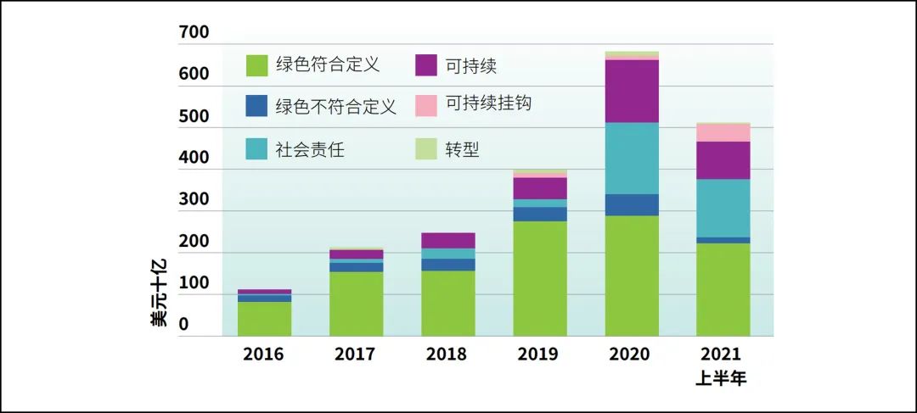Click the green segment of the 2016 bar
click(x=264, y=319)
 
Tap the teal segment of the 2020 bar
click(x=631, y=159)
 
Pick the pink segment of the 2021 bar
click(x=723, y=132)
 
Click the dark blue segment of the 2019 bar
click(x=539, y=214)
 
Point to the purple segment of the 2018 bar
click(x=447, y=240)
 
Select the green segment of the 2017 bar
click(x=356, y=304)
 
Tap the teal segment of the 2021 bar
click(x=723, y=208)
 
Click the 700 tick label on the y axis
click(x=194, y=33)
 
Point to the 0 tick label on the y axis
click(x=183, y=325)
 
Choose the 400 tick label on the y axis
click(x=194, y=158)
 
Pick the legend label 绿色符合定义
click(x=327, y=64)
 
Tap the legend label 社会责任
click(x=310, y=149)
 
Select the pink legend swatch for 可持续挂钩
click(x=426, y=106)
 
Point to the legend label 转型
click(x=463, y=149)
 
